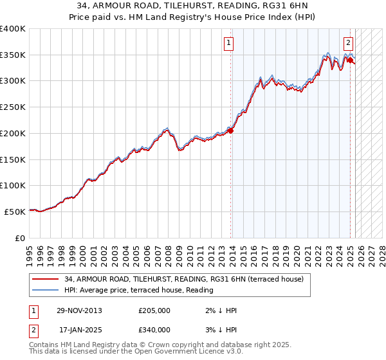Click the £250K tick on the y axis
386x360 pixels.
point(13,107)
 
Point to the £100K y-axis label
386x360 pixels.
point(13,185)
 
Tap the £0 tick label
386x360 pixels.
point(21,238)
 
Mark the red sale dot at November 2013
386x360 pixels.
point(231,130)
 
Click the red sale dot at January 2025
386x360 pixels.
point(351,60)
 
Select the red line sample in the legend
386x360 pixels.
point(45,279)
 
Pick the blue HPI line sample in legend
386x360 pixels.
point(45,289)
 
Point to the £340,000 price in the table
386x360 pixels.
point(154,330)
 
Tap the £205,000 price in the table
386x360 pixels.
point(154,310)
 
